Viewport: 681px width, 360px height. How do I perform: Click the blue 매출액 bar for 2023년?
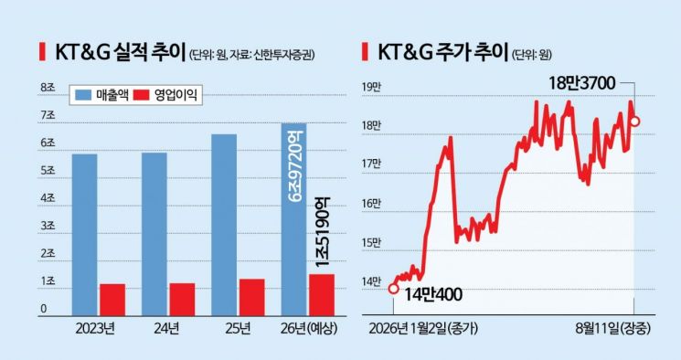click(x=85, y=235)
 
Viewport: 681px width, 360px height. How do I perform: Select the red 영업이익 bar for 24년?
click(x=183, y=300)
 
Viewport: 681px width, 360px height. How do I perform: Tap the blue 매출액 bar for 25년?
click(x=224, y=225)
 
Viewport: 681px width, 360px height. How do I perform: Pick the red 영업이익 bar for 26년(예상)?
click(x=322, y=295)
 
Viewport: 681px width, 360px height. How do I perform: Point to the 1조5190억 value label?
click(x=322, y=231)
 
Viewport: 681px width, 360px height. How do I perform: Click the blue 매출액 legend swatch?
click(x=83, y=94)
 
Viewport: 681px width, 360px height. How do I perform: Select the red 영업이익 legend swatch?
click(x=141, y=94)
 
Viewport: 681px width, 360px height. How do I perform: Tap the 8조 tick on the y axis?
click(x=48, y=88)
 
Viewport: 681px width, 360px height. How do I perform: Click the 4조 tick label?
click(x=48, y=198)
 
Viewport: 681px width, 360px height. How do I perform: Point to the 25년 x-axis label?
click(x=238, y=328)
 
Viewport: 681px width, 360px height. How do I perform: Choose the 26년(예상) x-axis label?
click(x=309, y=328)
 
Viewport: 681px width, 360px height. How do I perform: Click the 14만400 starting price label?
click(x=433, y=294)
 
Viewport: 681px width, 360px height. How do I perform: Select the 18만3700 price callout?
click(x=582, y=83)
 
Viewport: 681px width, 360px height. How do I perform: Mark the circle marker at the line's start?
click(x=393, y=289)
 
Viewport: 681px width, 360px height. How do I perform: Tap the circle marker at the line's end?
click(x=634, y=122)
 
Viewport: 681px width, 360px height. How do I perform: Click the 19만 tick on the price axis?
click(x=371, y=88)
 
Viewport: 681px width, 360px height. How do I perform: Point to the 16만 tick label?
click(x=371, y=203)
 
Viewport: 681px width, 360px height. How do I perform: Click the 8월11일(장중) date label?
click(x=613, y=328)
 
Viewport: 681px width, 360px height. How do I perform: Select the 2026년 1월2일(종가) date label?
click(x=423, y=328)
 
